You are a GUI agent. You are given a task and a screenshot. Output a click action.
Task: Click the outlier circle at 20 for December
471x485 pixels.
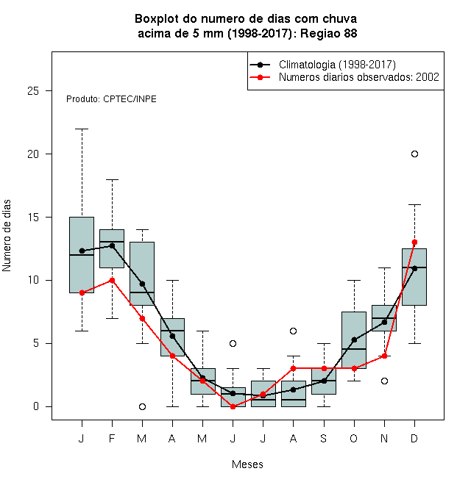(x=414, y=154)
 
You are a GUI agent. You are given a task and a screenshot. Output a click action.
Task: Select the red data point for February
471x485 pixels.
(x=112, y=280)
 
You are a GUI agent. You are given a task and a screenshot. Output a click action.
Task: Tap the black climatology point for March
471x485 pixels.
(x=142, y=284)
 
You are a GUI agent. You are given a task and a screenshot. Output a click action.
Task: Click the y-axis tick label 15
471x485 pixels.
(x=33, y=217)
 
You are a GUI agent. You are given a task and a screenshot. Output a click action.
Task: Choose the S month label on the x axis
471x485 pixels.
(x=324, y=438)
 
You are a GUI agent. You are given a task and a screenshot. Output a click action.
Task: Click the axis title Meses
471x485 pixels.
(x=247, y=464)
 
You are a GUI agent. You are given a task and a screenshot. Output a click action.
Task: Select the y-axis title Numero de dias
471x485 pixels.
(x=7, y=236)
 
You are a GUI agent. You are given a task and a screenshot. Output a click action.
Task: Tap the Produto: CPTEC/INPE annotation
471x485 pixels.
(x=111, y=99)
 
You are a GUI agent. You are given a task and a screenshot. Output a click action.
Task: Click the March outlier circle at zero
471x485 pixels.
(x=142, y=406)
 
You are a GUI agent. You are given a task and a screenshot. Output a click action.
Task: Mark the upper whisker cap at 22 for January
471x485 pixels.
(x=82, y=129)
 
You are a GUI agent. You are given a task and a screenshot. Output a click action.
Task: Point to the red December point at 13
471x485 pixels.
(x=414, y=242)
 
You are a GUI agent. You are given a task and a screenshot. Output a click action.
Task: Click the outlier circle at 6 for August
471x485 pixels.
(x=293, y=331)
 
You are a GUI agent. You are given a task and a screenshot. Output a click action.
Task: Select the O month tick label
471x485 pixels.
(x=353, y=438)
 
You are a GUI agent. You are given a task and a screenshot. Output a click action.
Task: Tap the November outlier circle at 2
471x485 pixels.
(x=385, y=381)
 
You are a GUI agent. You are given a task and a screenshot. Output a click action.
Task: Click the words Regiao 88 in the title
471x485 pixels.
(x=329, y=33)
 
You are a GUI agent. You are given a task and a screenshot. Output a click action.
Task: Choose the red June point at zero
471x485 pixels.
(x=233, y=406)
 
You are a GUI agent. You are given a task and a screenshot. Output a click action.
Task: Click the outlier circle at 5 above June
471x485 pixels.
(x=233, y=343)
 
